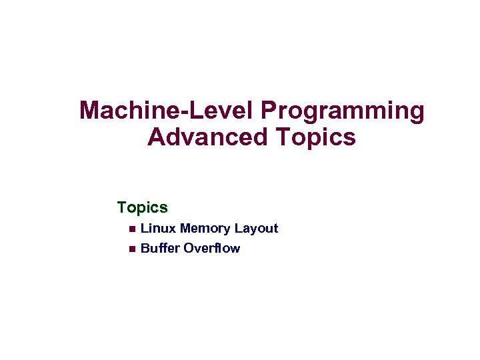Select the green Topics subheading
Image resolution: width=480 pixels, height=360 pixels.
click(142, 208)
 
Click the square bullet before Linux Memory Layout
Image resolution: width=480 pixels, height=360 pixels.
click(131, 229)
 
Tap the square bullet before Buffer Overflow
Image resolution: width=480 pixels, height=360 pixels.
click(131, 249)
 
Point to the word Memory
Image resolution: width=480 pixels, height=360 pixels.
click(205, 229)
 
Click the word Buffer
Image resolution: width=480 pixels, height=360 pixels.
click(160, 249)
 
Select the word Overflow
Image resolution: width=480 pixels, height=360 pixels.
click(212, 249)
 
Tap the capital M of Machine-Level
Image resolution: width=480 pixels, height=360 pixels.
click(90, 111)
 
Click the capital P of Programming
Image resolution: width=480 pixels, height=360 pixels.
click(270, 111)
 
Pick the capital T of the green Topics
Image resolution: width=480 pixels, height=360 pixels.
click(122, 207)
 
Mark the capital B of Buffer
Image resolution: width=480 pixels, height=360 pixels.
click(145, 249)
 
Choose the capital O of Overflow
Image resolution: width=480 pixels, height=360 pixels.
click(189, 249)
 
